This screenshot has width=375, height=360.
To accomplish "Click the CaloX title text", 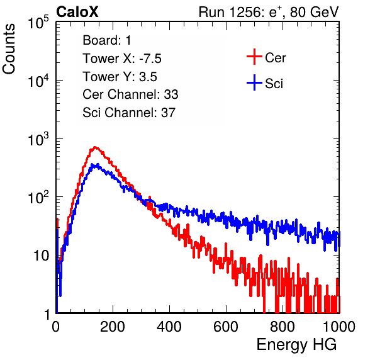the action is pos(77,12).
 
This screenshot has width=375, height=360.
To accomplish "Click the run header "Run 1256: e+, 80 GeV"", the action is pos(269,12).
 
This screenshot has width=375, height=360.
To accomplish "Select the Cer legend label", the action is pos(275,58).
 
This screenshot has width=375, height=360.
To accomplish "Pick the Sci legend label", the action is pos(274,84).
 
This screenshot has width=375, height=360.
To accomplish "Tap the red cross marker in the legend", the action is pos(254,57).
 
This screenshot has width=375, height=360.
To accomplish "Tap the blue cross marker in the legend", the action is pos(254,83).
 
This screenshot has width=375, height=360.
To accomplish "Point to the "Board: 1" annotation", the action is pos(107,40).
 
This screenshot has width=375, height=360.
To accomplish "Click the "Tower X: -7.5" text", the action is pos(122,59).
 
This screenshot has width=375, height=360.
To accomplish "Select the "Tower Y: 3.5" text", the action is pos(120,77).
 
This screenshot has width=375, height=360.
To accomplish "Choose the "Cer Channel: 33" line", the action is pos(130,94).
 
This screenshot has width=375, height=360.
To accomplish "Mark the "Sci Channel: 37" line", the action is pos(129,113).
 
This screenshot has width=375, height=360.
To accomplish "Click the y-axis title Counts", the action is pos(9,48).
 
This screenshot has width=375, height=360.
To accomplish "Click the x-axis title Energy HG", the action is pos(296,345).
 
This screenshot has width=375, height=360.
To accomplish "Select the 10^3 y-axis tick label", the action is pos(38,139).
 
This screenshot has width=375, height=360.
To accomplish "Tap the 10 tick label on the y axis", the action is pos(41,256).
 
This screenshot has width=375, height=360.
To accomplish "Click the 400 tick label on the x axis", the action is pos(169,327).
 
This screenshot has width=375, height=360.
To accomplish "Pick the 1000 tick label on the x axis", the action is pos(339,327).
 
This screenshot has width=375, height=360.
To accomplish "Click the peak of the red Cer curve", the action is pos(95,147).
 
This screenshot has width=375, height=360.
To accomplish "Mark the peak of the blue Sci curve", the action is pos(96,164).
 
